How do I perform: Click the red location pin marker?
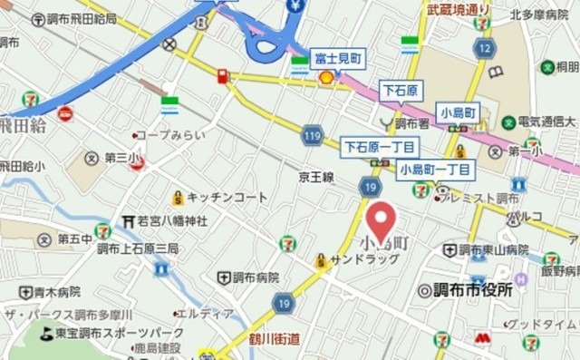[381, 221]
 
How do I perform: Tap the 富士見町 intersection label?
[337, 58]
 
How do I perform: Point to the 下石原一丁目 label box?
[379, 146]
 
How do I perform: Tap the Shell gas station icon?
[324, 78]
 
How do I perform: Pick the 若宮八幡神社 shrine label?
[171, 220]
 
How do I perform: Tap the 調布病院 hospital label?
[254, 277]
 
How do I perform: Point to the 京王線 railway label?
[316, 178]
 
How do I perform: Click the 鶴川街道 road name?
[275, 338]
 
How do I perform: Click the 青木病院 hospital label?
[58, 292]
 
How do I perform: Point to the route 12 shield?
[487, 47]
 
